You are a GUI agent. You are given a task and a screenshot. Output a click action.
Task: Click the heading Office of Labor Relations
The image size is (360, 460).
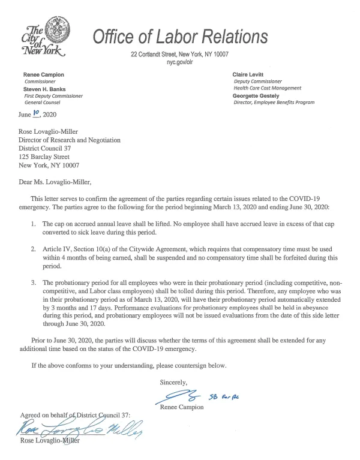(179, 37)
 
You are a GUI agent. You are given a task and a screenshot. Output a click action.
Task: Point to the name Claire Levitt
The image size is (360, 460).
(247, 74)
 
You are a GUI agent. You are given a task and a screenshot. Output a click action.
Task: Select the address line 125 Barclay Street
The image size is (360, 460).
(49, 157)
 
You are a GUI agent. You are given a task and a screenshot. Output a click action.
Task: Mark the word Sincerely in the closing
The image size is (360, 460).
(173, 381)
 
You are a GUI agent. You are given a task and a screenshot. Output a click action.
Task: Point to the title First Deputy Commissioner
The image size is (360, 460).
(53, 95)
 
